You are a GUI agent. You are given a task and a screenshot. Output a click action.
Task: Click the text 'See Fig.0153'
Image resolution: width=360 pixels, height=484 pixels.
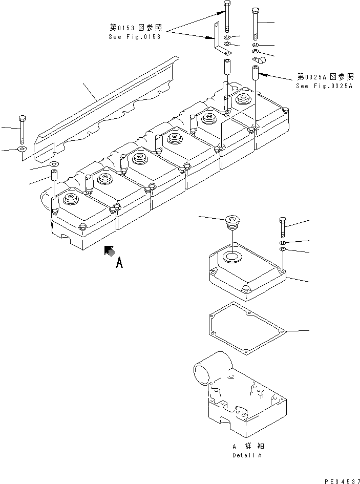pyautogui.click(x=134, y=37)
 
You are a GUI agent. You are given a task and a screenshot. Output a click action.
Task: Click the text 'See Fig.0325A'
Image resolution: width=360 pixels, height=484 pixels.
pyautogui.click(x=324, y=86)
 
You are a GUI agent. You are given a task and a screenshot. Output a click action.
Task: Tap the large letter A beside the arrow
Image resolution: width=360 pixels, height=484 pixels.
pyautogui.click(x=119, y=263)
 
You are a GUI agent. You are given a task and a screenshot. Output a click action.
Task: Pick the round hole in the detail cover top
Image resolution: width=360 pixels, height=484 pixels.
pyautogui.click(x=231, y=257)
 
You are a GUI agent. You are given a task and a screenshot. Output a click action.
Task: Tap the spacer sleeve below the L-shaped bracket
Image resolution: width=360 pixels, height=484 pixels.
pyautogui.click(x=226, y=68)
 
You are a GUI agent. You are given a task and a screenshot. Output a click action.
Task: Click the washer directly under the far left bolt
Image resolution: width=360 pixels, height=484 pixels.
pyautogui.click(x=22, y=149)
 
